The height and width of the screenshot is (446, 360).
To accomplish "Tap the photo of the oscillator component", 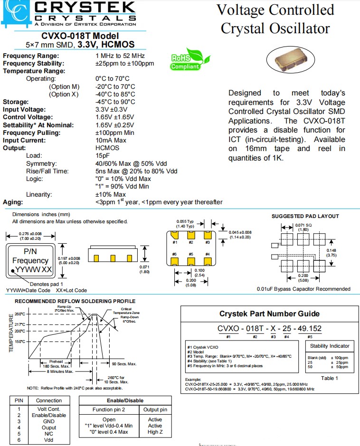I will [x=291, y=61].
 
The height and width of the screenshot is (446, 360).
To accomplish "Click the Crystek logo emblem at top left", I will [x=16, y=13].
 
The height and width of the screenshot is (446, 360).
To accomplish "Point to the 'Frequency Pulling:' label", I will [x=31, y=133].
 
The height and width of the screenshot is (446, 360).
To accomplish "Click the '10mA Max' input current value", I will [x=111, y=140].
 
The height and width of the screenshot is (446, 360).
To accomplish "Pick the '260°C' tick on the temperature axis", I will [x=19, y=314].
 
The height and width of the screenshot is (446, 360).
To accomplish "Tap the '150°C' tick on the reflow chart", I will [x=19, y=341].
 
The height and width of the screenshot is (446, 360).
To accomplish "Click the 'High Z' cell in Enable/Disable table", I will [x=155, y=432].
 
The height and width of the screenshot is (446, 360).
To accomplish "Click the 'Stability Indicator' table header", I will [x=330, y=346].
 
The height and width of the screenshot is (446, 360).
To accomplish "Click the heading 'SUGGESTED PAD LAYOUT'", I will [x=305, y=216].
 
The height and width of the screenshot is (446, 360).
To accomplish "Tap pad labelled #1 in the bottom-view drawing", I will [x=175, y=235].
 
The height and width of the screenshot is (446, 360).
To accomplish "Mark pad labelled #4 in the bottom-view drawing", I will [x=207, y=260].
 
